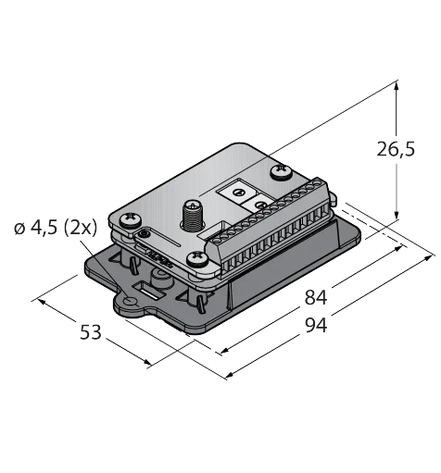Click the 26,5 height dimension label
[x=396, y=150]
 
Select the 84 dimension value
[x=316, y=298]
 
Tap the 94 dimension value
[x=316, y=326]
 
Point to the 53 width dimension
[x=91, y=332]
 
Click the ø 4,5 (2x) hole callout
[x=56, y=229]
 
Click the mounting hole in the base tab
[x=130, y=301]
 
